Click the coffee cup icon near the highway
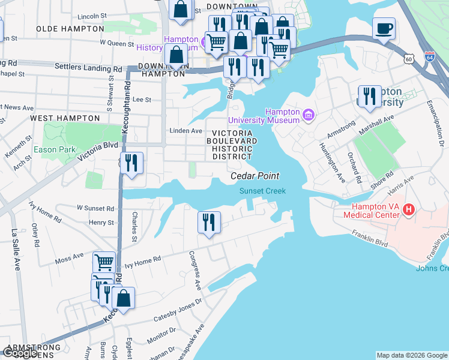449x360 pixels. pyautogui.click(x=384, y=28)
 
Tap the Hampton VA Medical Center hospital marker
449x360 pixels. pyautogui.click(x=409, y=209)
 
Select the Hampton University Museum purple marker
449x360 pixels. pyautogui.click(x=309, y=114)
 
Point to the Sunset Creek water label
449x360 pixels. pyautogui.click(x=263, y=191)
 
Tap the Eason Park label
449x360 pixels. pyautogui.click(x=54, y=149)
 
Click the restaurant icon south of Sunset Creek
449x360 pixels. pyautogui.click(x=209, y=223)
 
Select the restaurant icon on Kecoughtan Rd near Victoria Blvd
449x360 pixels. pyautogui.click(x=131, y=163)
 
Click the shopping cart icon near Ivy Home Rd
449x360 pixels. pyautogui.click(x=104, y=262)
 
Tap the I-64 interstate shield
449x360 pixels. pyautogui.click(x=429, y=57)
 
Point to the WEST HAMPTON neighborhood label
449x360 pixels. pyautogui.click(x=65, y=118)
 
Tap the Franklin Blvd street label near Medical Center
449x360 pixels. pyautogui.click(x=370, y=239)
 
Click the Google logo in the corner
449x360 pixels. pyautogui.click(x=20, y=353)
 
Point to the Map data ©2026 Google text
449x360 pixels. pyautogui.click(x=412, y=355)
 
